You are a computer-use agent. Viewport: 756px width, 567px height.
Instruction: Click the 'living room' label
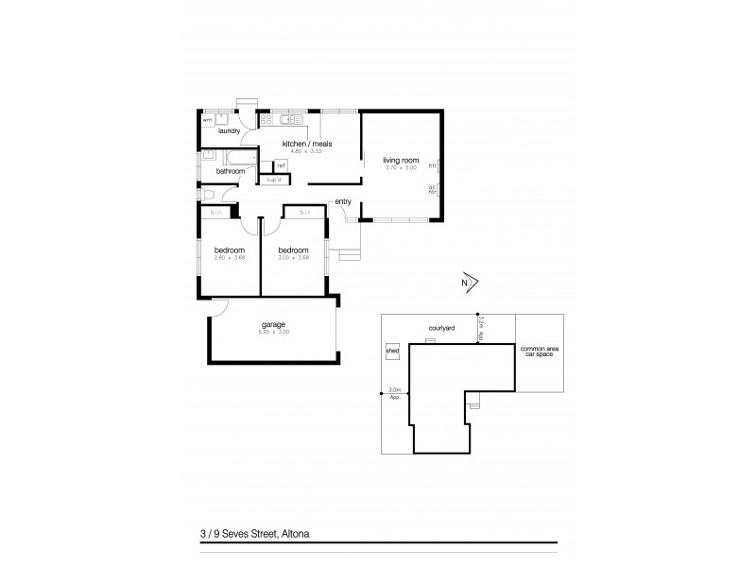tap(400, 161)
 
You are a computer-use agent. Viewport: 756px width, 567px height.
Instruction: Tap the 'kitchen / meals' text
tap(307, 144)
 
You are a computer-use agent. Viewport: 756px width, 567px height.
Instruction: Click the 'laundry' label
tap(229, 131)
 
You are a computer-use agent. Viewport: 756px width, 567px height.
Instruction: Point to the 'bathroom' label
tap(230, 171)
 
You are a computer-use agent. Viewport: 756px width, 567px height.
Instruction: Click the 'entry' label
tap(342, 201)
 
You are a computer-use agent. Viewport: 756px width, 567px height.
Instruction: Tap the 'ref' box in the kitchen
tap(281, 165)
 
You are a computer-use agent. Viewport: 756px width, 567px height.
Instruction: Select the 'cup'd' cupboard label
tap(275, 179)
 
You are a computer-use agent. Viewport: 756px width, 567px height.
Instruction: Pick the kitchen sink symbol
tap(294, 120)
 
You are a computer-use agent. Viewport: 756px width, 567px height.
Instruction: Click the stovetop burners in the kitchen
tap(266, 120)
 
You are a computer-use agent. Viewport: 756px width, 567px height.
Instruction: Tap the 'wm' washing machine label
tap(207, 120)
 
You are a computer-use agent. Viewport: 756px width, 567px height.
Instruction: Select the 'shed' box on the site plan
tap(392, 351)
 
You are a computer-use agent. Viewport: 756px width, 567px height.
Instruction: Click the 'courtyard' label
tap(442, 327)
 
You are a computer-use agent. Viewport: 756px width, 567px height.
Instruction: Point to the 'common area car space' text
tap(538, 352)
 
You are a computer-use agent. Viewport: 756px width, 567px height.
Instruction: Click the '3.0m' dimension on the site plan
tap(395, 389)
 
